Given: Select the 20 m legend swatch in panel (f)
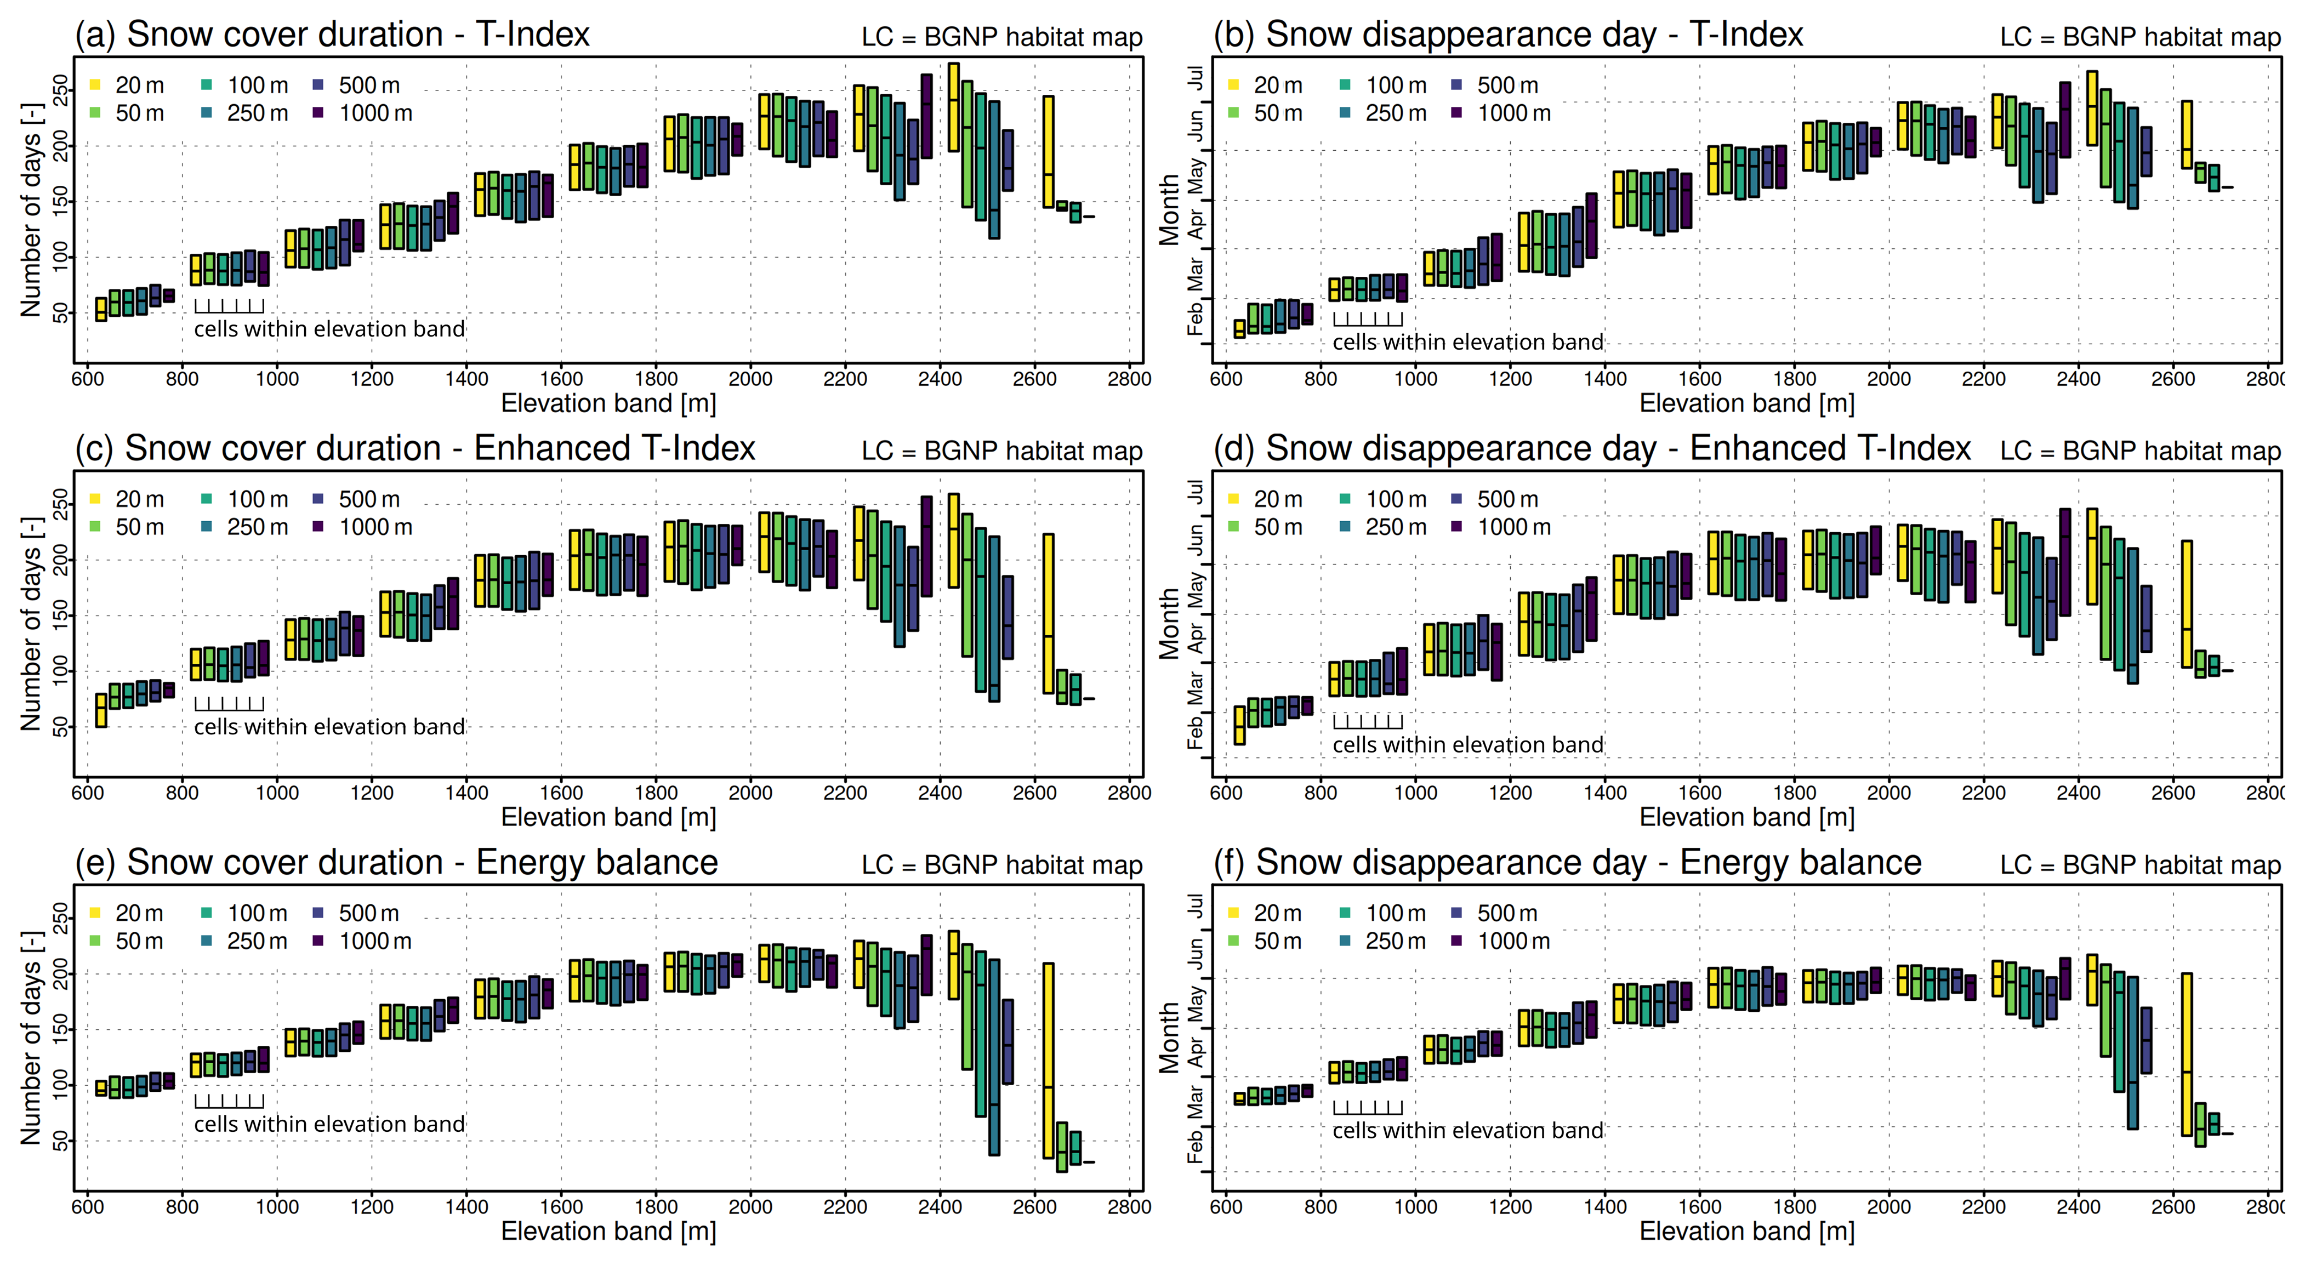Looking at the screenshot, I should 1234,913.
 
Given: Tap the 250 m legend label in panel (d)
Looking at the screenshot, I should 1395,527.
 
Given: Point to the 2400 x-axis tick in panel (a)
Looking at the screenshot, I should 940,363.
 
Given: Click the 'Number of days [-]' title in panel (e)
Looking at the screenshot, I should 31,1038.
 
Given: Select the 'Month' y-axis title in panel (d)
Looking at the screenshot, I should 1170,624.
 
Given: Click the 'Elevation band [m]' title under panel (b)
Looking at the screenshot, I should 1746,403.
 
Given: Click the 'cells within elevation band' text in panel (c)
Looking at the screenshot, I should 329,726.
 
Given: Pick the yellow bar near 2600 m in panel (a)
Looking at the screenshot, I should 1049,152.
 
